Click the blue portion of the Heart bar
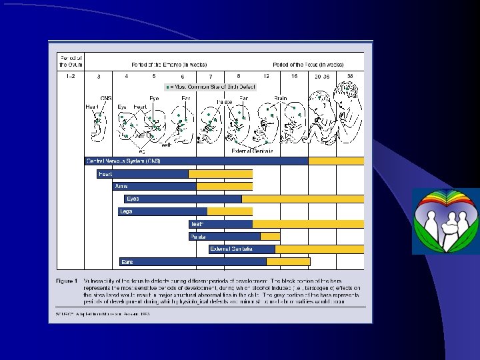(x=143, y=174)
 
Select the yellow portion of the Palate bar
(x=270, y=237)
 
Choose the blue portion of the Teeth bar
(x=221, y=224)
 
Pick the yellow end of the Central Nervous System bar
(x=336, y=161)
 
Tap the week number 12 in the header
(x=267, y=76)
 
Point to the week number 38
(x=350, y=76)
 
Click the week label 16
(x=294, y=76)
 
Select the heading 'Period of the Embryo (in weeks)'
(x=169, y=65)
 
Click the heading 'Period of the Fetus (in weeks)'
(x=308, y=65)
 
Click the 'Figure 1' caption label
(x=67, y=281)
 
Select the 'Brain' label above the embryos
(x=281, y=98)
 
